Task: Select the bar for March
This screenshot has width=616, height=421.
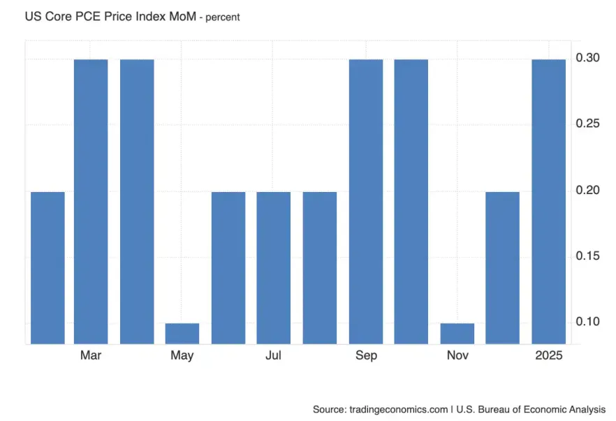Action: coord(91,201)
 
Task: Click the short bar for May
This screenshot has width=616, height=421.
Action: coord(182,333)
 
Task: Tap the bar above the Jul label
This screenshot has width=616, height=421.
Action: coord(274,267)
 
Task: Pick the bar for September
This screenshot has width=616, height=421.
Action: coord(366,201)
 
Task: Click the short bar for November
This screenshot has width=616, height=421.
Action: coord(457,333)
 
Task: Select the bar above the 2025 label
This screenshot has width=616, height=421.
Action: coord(549,201)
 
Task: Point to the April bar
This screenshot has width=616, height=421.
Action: coord(137,201)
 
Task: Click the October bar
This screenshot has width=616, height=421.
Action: coord(411,201)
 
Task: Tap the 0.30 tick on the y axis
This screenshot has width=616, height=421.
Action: coord(590,58)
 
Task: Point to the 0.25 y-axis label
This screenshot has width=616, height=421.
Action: coord(590,124)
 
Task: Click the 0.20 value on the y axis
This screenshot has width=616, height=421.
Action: coord(590,190)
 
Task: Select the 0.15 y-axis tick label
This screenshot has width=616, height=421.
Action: coord(590,256)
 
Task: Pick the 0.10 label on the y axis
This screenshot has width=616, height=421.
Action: coord(590,322)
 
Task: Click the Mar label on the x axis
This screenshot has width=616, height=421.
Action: coord(91,356)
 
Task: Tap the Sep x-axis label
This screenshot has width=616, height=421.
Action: coord(366,356)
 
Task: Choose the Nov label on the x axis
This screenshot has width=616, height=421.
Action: coord(457,356)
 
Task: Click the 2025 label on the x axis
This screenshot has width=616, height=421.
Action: coord(550,356)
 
